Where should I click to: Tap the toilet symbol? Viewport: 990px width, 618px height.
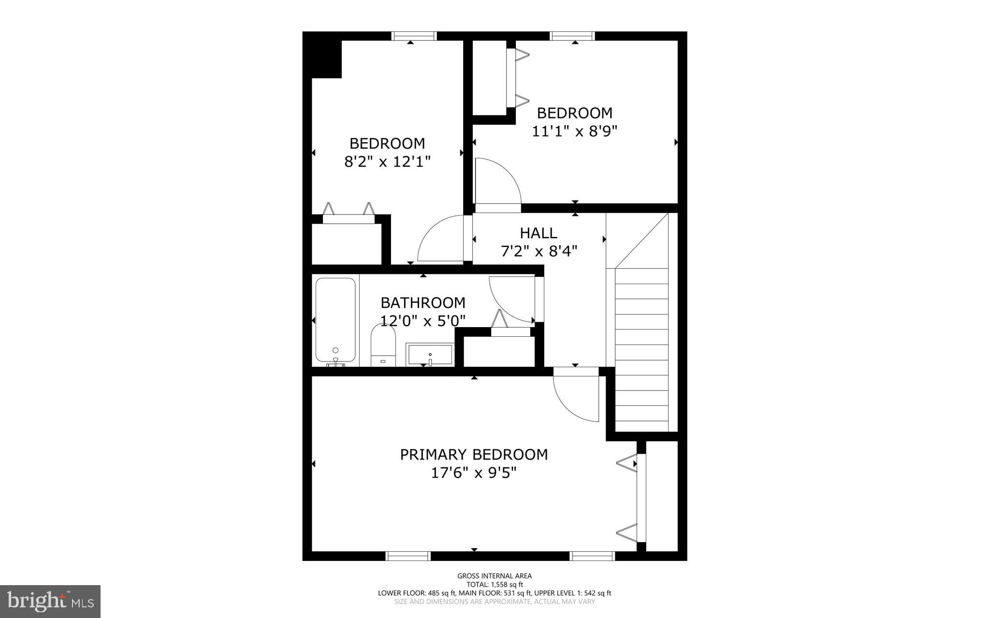(383, 345)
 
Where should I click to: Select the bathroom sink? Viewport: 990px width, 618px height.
(430, 355)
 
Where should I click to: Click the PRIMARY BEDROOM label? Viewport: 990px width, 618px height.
(474, 455)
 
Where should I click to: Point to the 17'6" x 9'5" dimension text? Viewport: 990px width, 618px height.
(474, 473)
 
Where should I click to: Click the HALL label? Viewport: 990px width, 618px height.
(539, 233)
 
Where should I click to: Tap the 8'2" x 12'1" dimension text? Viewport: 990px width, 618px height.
(387, 161)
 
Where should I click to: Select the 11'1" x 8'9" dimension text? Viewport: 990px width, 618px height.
(575, 131)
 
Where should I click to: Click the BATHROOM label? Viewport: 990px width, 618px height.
(423, 303)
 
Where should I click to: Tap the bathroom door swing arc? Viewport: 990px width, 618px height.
(510, 300)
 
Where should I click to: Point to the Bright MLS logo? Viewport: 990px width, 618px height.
(50, 601)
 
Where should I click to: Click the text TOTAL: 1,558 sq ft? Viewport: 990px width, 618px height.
(495, 584)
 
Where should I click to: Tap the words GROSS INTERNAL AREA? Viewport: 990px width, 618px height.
(495, 575)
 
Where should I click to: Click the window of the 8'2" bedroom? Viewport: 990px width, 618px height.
(414, 36)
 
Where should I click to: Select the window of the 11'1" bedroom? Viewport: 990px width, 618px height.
(572, 36)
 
